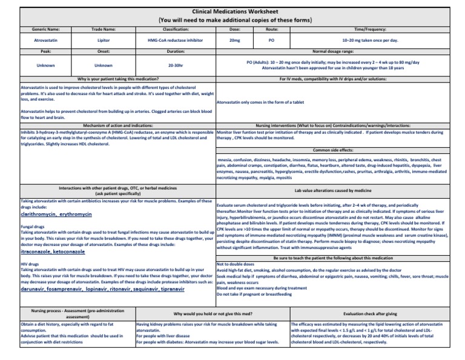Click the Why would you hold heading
pyautogui.click(x=213, y=314)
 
